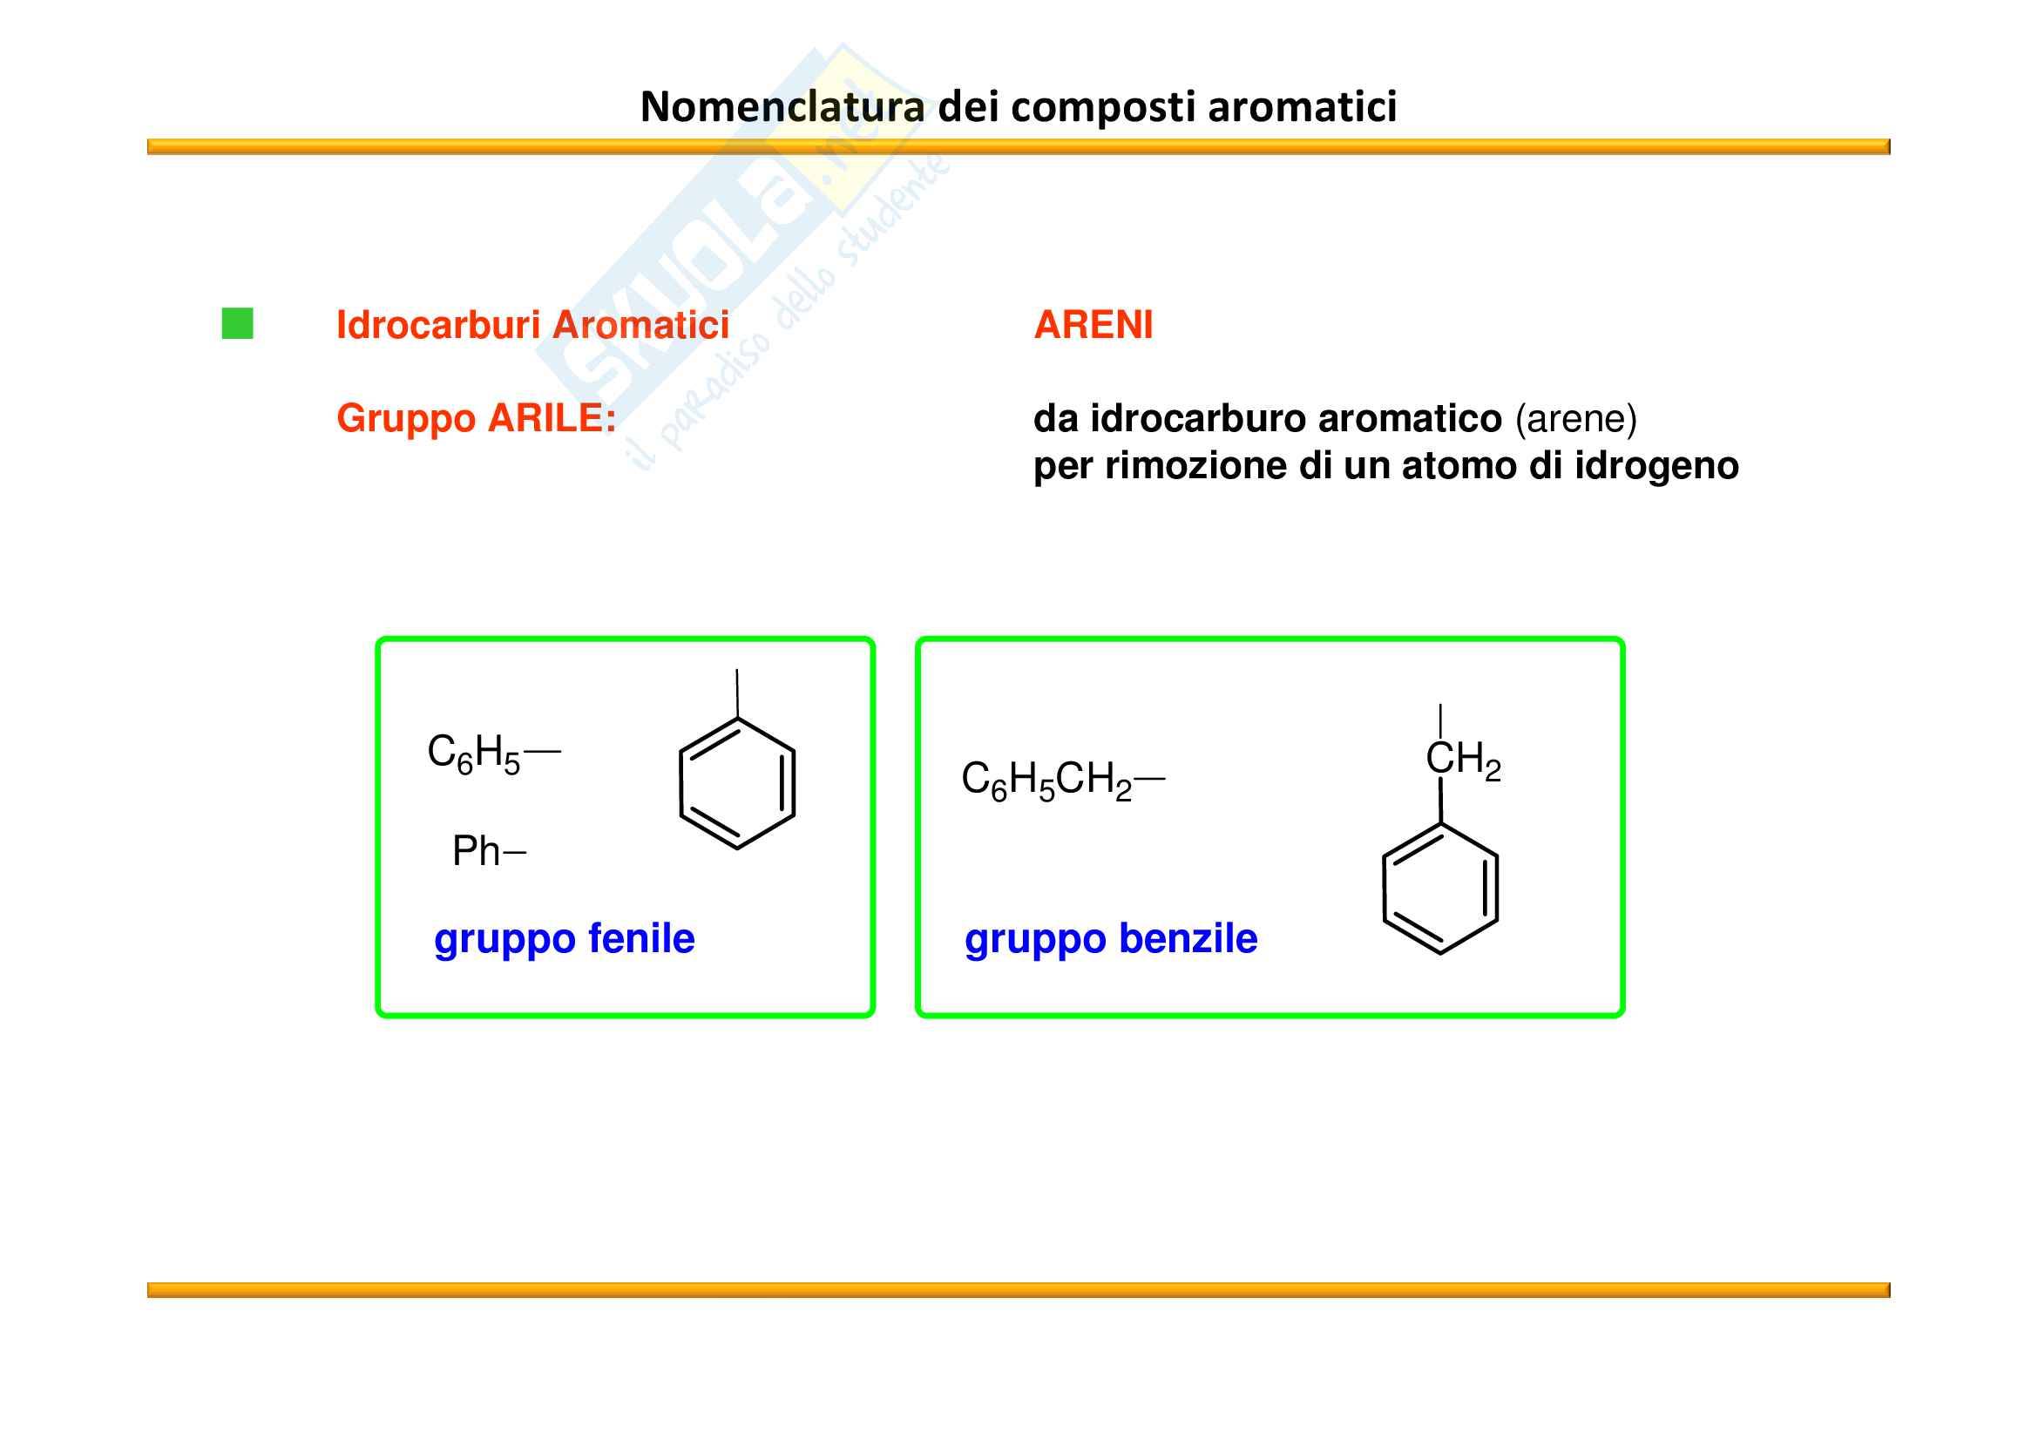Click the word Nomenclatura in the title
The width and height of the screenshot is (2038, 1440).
click(x=782, y=107)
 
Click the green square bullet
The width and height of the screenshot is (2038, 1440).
click(x=237, y=324)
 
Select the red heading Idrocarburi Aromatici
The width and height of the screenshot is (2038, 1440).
click(x=532, y=325)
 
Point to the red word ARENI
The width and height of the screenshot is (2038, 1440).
click(x=1093, y=325)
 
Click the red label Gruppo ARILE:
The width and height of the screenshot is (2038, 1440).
click(x=476, y=418)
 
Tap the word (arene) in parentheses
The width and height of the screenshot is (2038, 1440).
click(x=1575, y=419)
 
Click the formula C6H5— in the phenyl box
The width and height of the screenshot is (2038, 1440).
click(x=492, y=754)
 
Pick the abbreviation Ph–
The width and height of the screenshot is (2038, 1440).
click(x=488, y=851)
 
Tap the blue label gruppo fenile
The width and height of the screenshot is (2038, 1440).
click(x=564, y=939)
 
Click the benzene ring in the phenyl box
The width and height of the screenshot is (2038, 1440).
click(x=737, y=783)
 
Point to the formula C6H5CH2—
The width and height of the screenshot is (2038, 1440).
click(x=1061, y=780)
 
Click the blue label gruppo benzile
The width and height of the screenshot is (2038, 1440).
click(x=1110, y=939)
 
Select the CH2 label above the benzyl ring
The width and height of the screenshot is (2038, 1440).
click(x=1462, y=760)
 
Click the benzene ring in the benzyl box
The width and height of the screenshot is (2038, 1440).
click(x=1439, y=889)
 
